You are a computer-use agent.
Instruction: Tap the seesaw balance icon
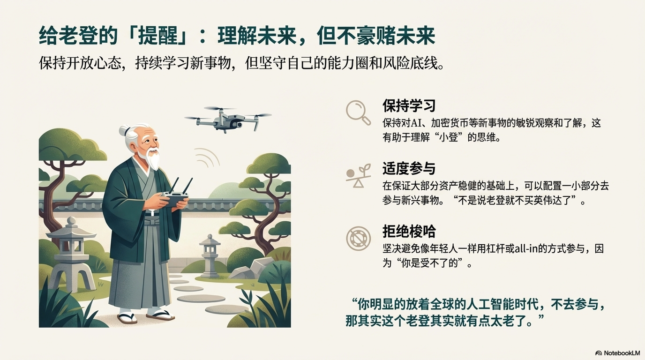tap(358, 176)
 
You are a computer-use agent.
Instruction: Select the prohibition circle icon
tap(358, 239)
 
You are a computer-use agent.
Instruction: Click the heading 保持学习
tap(409, 105)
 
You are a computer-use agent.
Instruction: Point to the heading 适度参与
tap(409, 168)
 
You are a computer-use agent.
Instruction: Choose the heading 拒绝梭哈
tap(409, 231)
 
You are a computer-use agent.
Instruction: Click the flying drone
tap(227, 119)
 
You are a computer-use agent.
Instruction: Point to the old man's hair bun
tap(125, 131)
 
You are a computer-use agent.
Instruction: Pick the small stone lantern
tap(210, 256)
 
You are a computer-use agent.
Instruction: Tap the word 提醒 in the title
tap(157, 36)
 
